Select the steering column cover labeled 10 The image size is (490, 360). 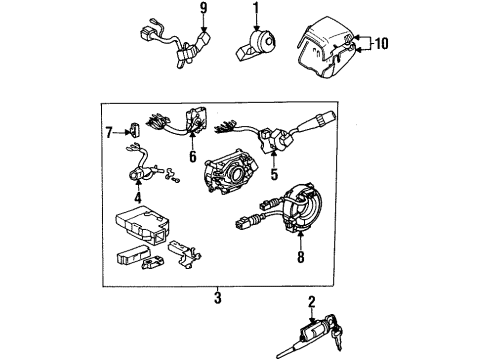324,45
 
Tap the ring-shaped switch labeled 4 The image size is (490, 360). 135,177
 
